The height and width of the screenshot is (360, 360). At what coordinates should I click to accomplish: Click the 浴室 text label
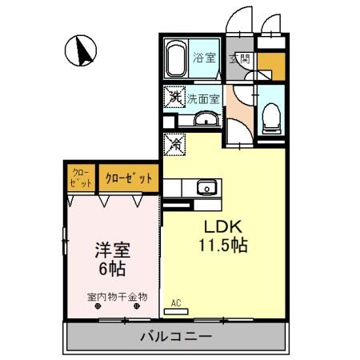[x=205, y=58]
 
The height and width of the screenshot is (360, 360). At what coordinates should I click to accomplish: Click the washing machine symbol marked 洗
[x=174, y=97]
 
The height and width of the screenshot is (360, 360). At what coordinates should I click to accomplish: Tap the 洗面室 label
[x=204, y=98]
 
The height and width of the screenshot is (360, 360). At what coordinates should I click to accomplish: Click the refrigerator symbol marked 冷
[x=174, y=145]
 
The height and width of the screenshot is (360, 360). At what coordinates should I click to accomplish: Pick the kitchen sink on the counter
[x=206, y=189]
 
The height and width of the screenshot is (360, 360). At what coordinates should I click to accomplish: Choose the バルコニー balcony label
[x=175, y=336]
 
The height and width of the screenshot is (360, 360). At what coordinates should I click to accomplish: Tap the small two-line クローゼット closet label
[x=80, y=178]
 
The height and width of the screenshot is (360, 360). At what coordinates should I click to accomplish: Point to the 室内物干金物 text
[x=118, y=296]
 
